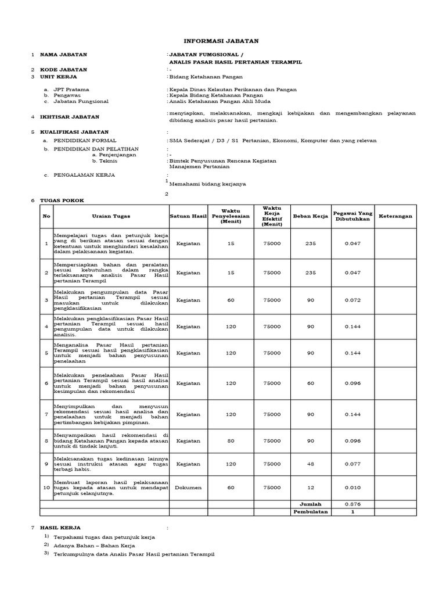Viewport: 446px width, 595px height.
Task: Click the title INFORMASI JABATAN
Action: click(221, 41)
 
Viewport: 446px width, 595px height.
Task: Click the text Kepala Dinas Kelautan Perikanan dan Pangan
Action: click(233, 89)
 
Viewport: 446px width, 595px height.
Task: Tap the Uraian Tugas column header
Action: click(105, 216)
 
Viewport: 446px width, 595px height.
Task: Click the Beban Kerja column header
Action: click(310, 216)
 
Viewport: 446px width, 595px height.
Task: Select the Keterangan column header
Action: click(395, 216)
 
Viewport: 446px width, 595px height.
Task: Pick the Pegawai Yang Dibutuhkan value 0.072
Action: click(353, 300)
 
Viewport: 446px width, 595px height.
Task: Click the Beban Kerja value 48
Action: click(310, 464)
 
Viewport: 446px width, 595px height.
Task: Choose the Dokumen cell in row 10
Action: click(188, 488)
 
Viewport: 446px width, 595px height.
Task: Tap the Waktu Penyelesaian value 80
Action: click(231, 440)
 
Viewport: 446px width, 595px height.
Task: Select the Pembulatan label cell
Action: click(310, 512)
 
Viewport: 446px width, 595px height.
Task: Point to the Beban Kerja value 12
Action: click(310, 488)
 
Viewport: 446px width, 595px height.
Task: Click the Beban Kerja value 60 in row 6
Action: click(310, 383)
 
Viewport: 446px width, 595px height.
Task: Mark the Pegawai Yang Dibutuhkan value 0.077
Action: click(353, 464)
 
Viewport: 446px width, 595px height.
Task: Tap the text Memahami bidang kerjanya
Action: click(207, 184)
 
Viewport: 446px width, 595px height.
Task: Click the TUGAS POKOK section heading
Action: click(62, 200)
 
